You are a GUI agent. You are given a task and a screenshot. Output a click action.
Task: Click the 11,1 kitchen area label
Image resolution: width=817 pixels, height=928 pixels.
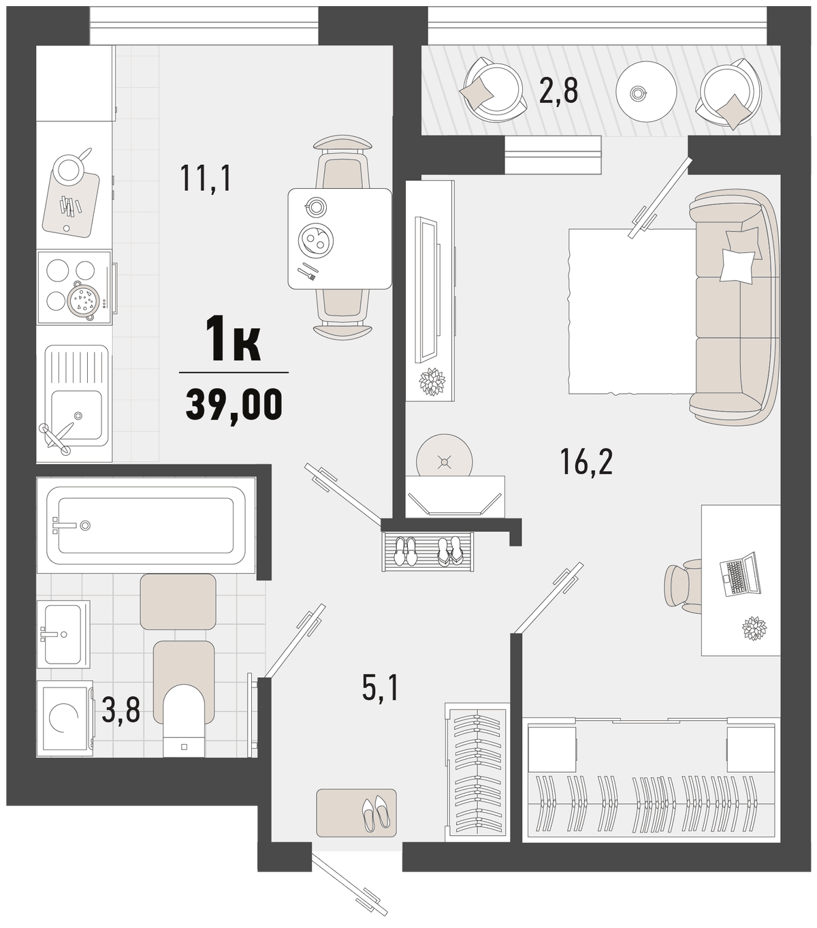click(206, 179)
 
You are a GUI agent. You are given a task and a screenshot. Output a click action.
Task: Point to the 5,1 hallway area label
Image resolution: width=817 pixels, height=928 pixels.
click(381, 687)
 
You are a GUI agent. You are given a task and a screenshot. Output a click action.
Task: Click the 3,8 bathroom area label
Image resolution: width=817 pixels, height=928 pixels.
click(121, 711)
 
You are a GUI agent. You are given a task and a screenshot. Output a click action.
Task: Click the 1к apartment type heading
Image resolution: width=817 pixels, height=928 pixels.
click(233, 339)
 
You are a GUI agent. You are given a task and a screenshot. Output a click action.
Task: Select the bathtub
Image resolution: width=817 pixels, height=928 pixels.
click(146, 525)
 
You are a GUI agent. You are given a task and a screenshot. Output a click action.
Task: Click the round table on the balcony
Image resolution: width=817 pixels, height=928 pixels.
click(646, 91)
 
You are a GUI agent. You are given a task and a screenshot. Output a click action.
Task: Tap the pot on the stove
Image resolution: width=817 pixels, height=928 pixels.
click(82, 300)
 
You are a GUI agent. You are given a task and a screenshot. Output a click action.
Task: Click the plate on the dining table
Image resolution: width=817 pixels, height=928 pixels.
click(315, 240)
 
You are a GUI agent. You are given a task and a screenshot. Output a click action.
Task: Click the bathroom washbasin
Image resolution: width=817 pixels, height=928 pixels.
click(63, 634)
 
